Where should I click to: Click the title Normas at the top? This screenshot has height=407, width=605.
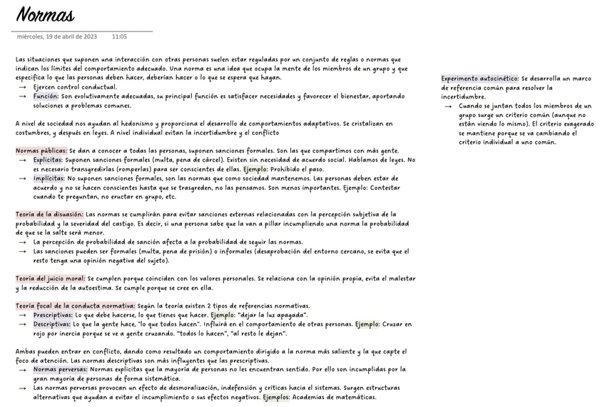tap(45, 15)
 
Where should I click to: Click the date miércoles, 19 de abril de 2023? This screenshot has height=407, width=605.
tap(57, 36)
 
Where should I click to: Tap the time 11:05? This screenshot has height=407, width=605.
tap(119, 36)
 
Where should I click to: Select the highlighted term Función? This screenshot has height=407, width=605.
tap(46, 96)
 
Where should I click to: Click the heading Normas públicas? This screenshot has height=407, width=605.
tap(41, 151)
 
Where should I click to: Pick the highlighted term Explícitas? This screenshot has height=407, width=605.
tap(48, 160)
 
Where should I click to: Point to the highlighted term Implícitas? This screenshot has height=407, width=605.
tap(48, 179)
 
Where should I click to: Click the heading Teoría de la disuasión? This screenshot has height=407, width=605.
tap(50, 214)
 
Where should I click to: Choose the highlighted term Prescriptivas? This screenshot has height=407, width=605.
tap(53, 315)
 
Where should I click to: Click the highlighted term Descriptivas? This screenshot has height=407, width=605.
tap(51, 324)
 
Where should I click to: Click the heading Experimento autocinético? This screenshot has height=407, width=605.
tap(479, 79)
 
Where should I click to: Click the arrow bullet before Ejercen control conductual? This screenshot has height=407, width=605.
tap(23, 87)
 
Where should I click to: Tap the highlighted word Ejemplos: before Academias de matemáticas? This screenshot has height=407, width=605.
tap(275, 397)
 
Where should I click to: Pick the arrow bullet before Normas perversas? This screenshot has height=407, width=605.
tap(23, 370)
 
